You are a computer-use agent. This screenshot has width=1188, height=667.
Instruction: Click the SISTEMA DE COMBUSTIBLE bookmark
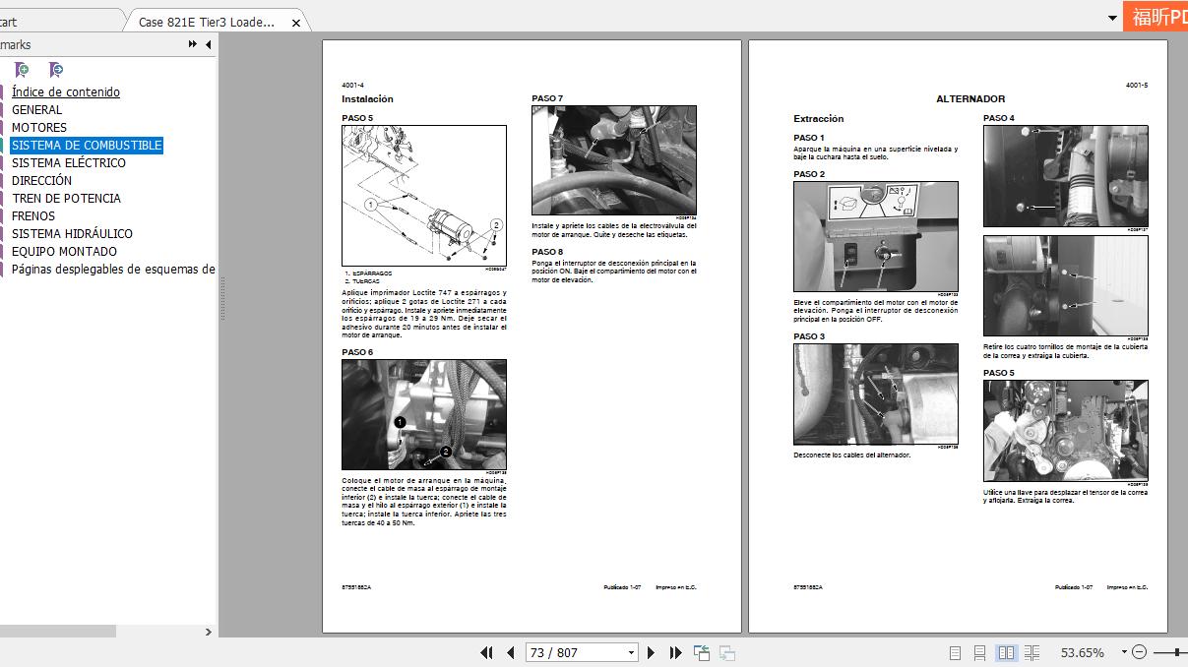click(87, 146)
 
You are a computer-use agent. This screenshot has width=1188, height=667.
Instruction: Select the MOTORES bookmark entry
click(39, 128)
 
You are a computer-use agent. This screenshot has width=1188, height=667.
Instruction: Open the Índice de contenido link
click(66, 92)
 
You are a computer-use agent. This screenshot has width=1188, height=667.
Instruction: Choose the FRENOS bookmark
click(33, 216)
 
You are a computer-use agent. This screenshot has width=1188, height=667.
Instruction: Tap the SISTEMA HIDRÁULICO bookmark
click(72, 234)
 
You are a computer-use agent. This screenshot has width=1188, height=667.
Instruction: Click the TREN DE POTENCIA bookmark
click(66, 199)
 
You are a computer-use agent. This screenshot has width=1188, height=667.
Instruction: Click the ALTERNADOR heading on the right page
click(969, 99)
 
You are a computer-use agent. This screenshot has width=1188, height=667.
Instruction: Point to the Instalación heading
click(367, 99)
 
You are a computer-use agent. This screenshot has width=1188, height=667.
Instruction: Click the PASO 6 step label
click(357, 352)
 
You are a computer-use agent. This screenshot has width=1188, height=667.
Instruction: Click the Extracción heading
click(818, 119)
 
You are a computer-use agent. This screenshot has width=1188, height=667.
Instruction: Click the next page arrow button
click(651, 652)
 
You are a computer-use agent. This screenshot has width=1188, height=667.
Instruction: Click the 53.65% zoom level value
click(1082, 652)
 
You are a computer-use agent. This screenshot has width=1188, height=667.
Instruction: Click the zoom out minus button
click(1139, 652)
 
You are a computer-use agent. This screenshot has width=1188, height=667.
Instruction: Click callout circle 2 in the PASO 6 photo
click(445, 452)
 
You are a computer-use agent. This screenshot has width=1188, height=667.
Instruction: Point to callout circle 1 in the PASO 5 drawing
click(371, 206)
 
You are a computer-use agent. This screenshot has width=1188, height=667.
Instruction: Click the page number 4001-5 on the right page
click(1136, 86)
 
